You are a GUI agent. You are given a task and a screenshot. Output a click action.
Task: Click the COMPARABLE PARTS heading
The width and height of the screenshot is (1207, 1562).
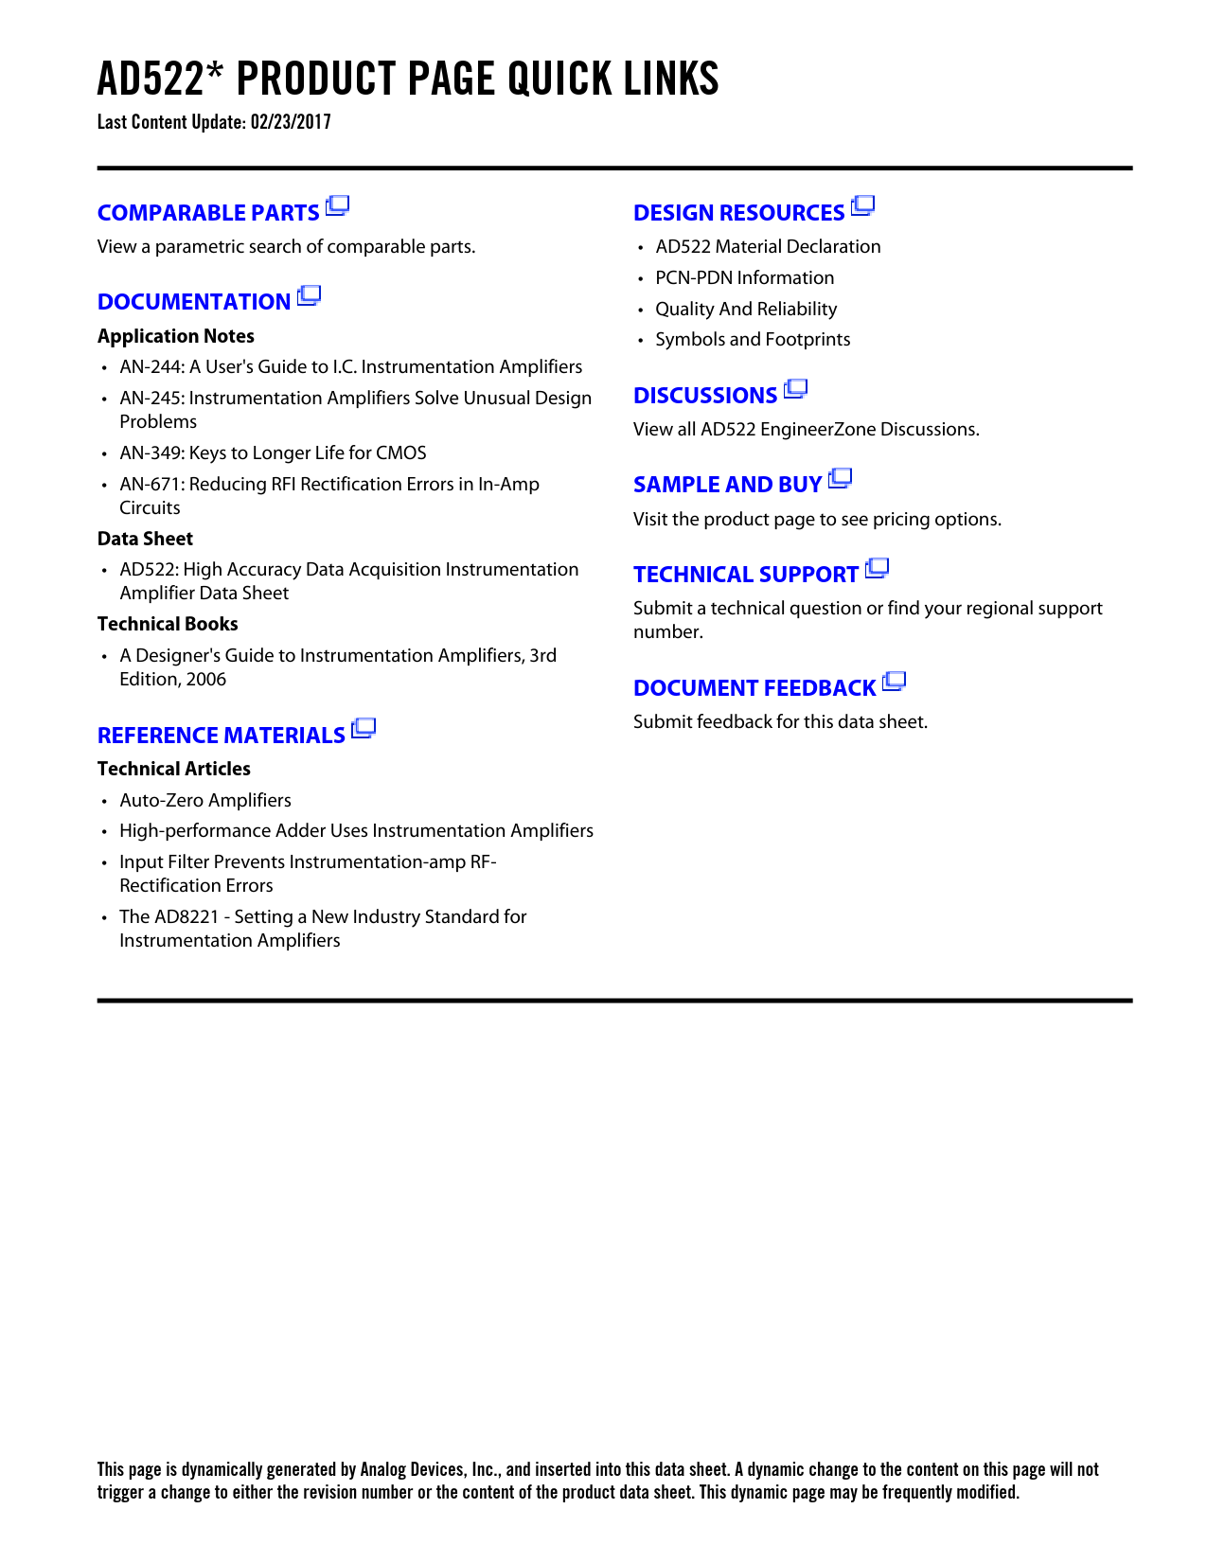tap(208, 213)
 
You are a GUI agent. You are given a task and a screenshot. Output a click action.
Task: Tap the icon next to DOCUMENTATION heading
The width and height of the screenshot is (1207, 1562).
tap(309, 296)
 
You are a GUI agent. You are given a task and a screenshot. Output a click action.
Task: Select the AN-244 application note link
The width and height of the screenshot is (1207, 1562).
tap(350, 366)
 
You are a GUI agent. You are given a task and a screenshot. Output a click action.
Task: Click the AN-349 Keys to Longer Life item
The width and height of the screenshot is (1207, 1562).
tap(273, 453)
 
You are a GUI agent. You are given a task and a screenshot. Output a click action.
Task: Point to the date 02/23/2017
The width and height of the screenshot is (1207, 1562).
tap(291, 122)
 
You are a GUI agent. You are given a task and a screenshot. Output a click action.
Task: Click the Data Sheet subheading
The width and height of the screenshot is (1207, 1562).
tap(145, 539)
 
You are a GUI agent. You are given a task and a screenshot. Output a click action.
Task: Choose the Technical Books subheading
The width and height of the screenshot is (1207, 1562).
tap(168, 624)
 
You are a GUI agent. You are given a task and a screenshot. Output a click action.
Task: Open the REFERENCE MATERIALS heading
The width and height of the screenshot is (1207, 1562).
tap(221, 736)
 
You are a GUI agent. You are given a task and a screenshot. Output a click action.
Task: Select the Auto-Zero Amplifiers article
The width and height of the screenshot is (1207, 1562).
tap(205, 800)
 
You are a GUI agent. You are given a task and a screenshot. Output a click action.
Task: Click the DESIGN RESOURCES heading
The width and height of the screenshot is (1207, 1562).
tap(738, 213)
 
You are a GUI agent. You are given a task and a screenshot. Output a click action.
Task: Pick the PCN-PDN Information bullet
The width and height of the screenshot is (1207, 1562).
tap(744, 277)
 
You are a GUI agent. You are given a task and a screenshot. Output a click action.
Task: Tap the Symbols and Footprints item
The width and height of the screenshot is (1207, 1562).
tap(753, 339)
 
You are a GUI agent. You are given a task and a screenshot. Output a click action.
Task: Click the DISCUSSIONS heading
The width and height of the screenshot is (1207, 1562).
tap(705, 396)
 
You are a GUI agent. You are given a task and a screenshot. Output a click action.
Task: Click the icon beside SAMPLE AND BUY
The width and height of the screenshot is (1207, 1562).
tap(840, 479)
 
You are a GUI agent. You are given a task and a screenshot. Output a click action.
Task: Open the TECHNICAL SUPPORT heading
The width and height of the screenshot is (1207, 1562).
tap(745, 575)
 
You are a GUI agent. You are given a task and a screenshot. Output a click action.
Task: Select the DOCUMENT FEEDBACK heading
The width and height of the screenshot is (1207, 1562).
tap(754, 688)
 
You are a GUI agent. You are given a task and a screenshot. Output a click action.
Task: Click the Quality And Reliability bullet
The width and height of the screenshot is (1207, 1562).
tap(746, 309)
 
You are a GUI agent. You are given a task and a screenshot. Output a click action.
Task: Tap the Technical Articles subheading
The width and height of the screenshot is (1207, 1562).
tap(174, 769)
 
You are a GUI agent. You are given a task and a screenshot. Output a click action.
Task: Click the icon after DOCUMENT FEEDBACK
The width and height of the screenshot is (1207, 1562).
tap(894, 682)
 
